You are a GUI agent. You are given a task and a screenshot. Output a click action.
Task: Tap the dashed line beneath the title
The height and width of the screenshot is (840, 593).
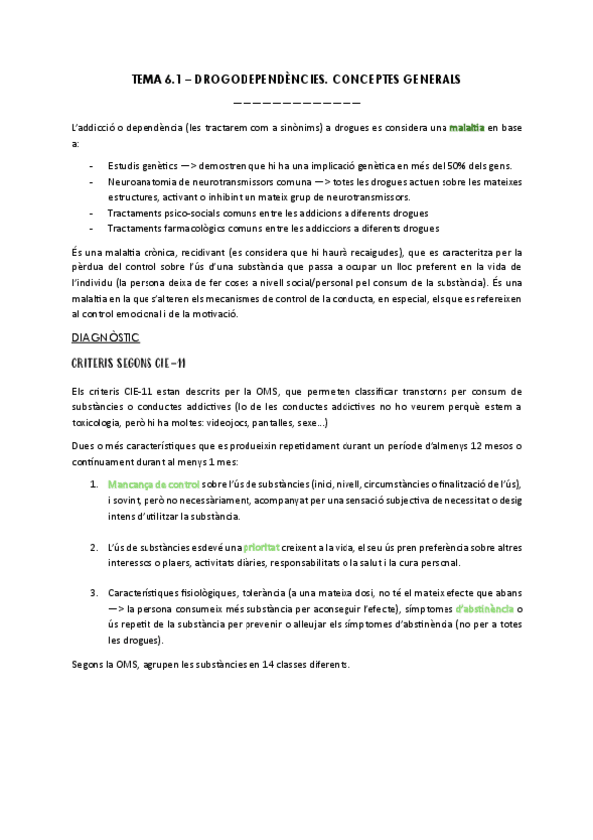point(296,103)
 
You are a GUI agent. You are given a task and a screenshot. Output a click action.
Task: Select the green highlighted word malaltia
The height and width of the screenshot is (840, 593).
point(466,129)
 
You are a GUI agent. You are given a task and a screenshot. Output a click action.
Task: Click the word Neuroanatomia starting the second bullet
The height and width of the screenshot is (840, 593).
point(140,182)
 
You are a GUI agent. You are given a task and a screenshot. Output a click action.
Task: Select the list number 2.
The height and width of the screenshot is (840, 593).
point(92,547)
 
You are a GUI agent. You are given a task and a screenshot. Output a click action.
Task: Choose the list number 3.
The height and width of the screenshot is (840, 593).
point(92,593)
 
